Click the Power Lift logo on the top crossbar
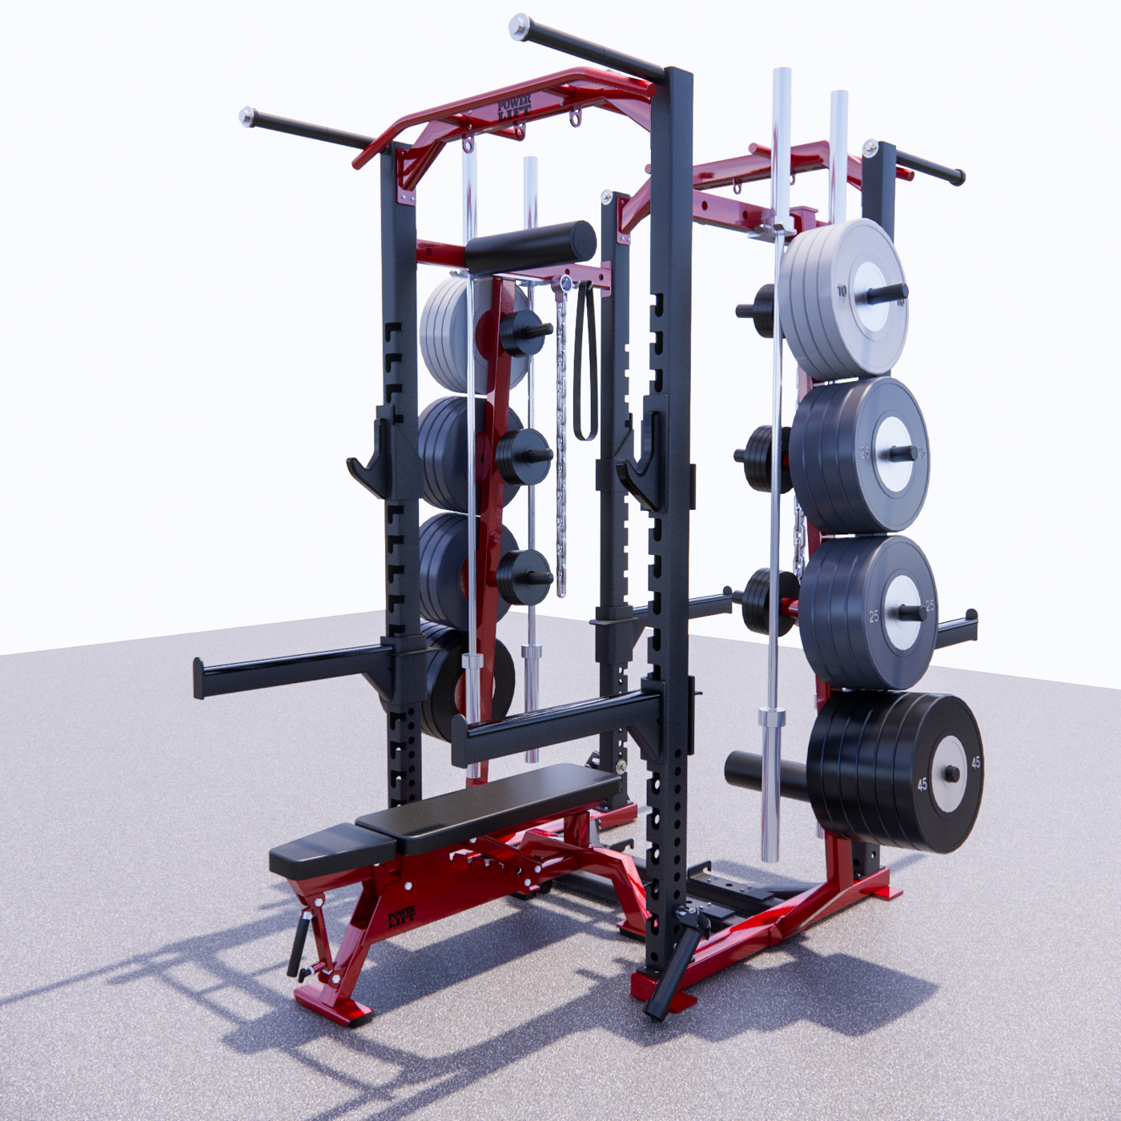point(514,108)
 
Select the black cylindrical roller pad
point(530,247)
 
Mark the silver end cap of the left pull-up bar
point(247,115)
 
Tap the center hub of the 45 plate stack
point(951,773)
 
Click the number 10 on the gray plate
point(842,291)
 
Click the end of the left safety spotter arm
point(199,679)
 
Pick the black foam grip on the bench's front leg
point(300,942)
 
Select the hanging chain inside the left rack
point(560,448)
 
